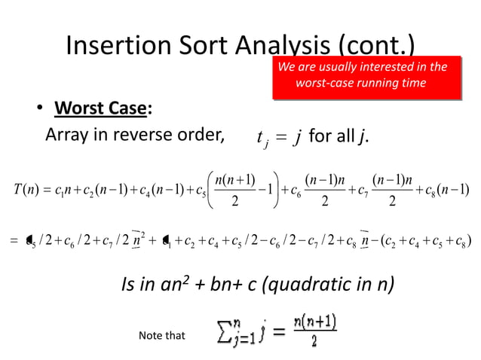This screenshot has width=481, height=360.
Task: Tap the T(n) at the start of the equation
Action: (29, 187)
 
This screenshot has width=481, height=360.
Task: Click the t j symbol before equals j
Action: (263, 139)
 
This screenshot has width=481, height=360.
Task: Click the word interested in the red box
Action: (386, 67)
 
